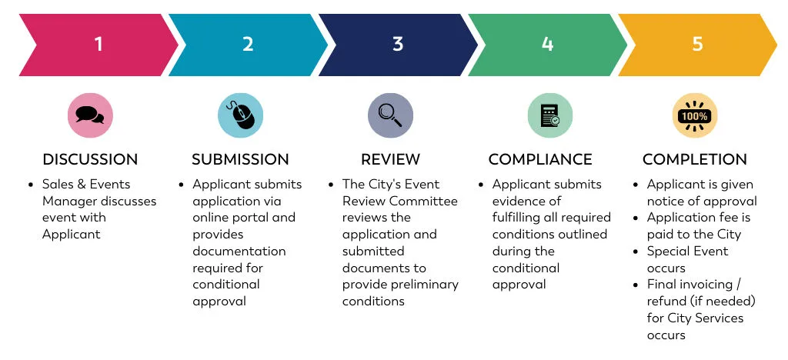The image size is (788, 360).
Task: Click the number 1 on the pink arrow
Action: (x=98, y=44)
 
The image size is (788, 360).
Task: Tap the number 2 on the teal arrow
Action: (x=248, y=44)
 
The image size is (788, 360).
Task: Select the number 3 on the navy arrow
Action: (x=398, y=44)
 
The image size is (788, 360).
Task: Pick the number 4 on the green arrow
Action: (x=547, y=44)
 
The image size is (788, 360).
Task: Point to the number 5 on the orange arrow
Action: (x=697, y=44)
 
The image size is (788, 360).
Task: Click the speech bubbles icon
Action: (x=90, y=115)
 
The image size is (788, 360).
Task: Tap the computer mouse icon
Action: (x=240, y=115)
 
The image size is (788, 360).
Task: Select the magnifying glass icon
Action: (x=390, y=115)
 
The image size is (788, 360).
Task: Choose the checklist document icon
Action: (x=549, y=115)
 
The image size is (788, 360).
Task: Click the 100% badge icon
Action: (x=695, y=116)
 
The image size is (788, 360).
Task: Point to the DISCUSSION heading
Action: (x=90, y=160)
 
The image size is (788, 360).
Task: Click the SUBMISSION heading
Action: (x=240, y=160)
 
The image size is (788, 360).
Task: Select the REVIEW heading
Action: (x=390, y=160)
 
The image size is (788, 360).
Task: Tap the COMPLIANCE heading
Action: (x=540, y=160)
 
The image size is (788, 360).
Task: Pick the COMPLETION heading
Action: (x=695, y=160)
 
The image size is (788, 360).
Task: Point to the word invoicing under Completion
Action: (x=706, y=285)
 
